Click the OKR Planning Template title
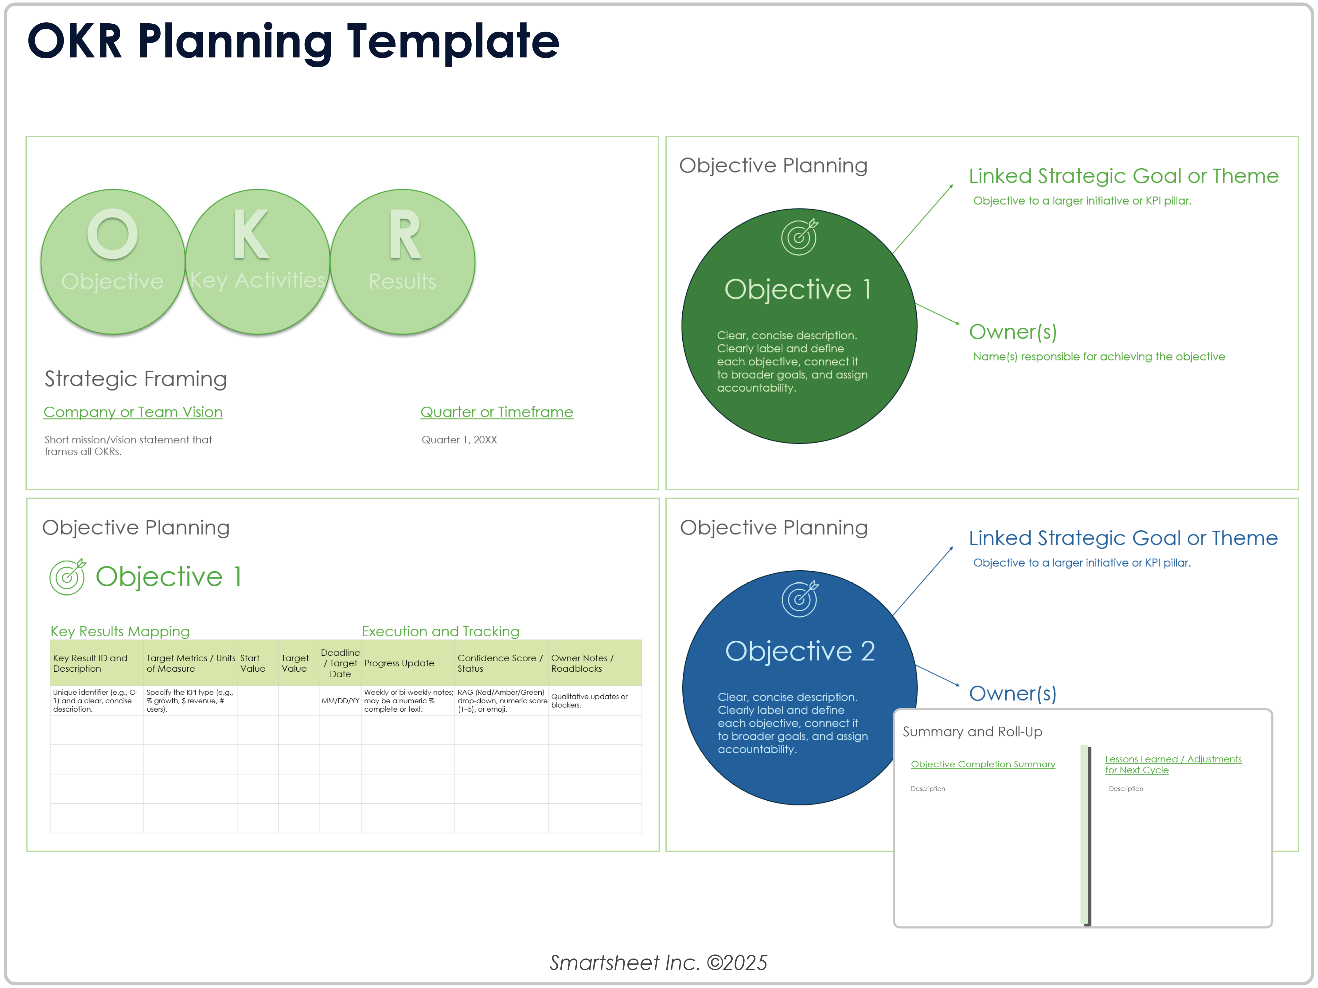tap(293, 42)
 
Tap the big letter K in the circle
tap(251, 235)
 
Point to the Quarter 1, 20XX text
tap(459, 440)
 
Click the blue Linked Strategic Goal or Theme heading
tap(1123, 538)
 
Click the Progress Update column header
tap(399, 663)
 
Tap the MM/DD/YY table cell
tap(340, 701)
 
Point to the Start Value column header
tap(253, 663)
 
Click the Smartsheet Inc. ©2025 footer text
tap(658, 963)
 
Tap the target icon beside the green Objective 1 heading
tap(67, 577)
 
